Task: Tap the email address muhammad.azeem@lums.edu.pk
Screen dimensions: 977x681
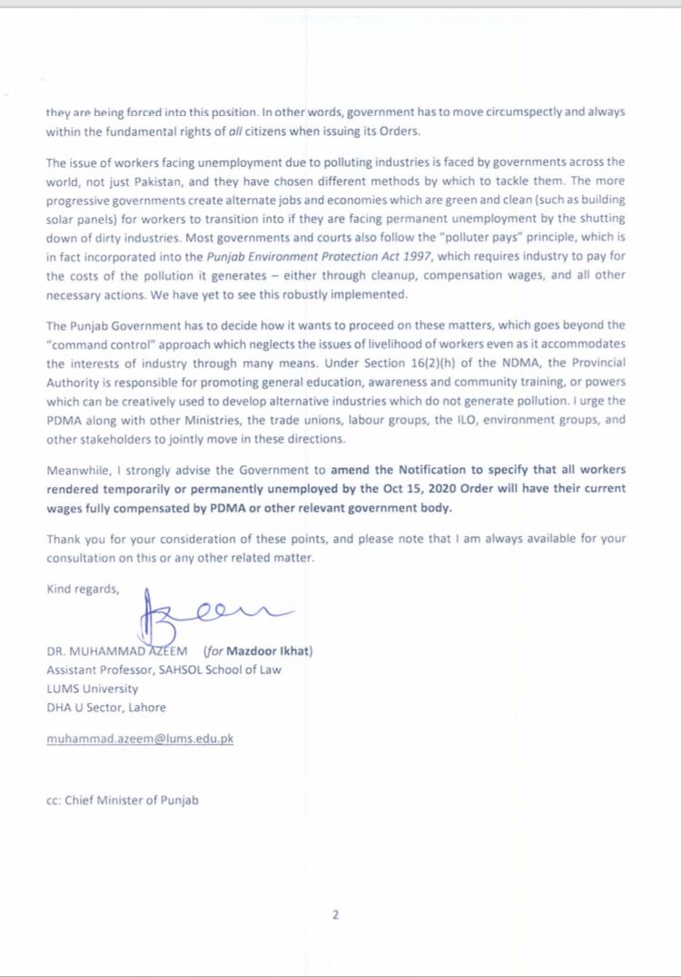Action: pos(140,738)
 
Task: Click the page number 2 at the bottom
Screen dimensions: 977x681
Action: pos(336,914)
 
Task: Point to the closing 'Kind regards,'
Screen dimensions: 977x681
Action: pos(83,589)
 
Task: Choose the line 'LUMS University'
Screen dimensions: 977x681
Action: pos(92,689)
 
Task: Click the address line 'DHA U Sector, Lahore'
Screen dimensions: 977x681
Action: pos(106,707)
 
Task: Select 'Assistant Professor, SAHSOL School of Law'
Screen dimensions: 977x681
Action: pos(163,669)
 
